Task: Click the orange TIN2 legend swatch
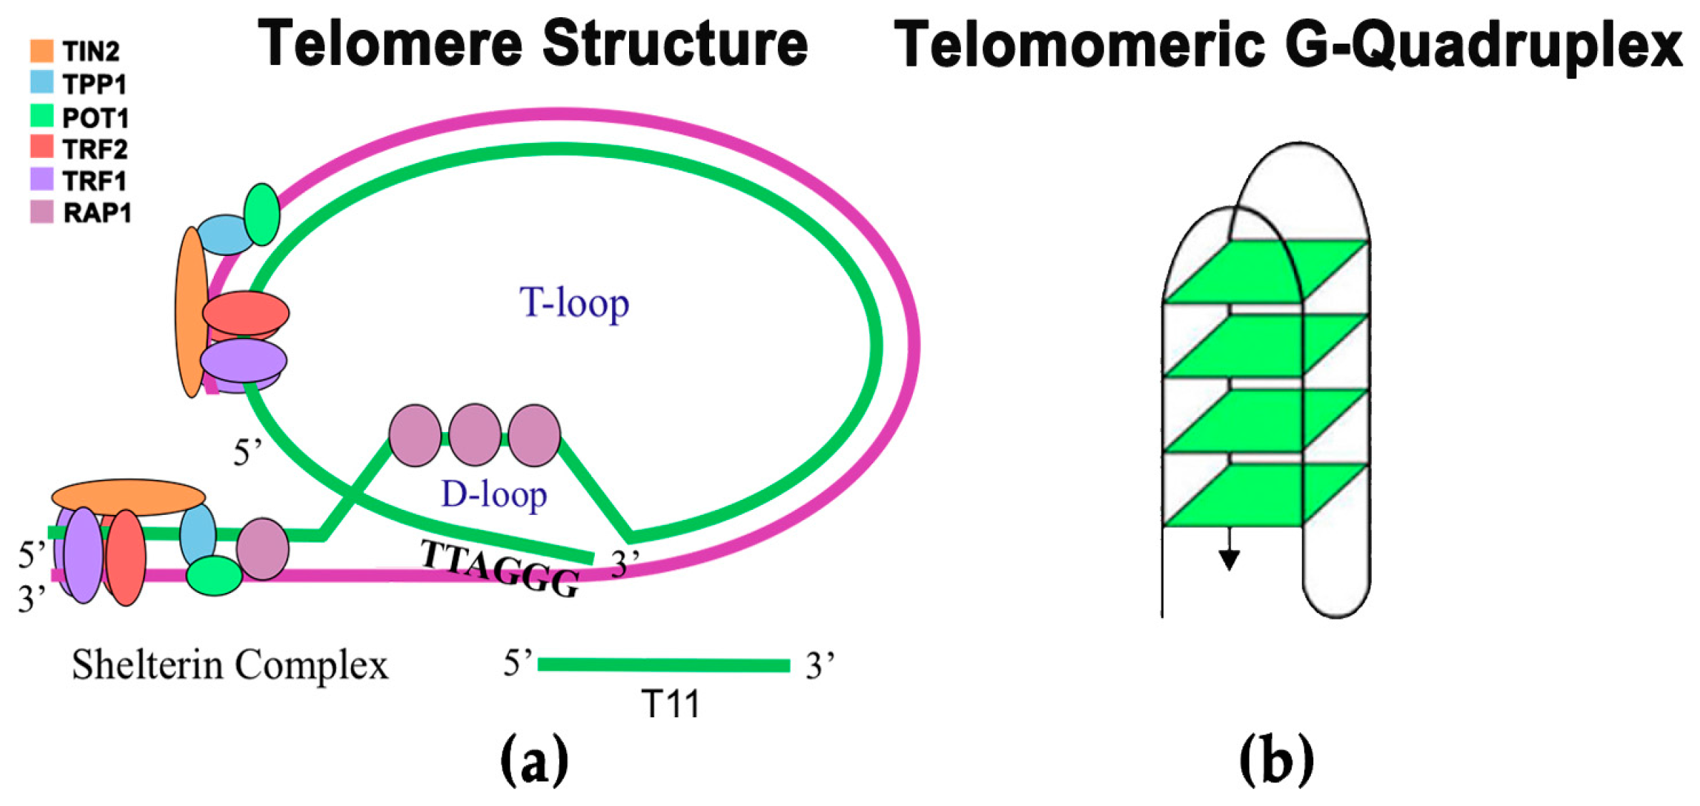[41, 51]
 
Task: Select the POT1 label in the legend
[95, 117]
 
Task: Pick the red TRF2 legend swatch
[41, 147]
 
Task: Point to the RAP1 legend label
[97, 213]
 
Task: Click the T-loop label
[574, 303]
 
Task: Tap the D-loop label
[494, 495]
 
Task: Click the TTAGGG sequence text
[500, 569]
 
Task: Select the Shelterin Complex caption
[229, 665]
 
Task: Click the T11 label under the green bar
[671, 704]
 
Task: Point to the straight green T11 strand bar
[663, 665]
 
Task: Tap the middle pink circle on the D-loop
[475, 435]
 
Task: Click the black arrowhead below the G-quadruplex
[1229, 559]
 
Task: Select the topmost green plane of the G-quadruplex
[1265, 272]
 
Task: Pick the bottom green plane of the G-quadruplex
[1265, 495]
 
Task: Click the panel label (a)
[534, 761]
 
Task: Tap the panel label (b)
[1276, 761]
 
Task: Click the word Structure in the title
[675, 44]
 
